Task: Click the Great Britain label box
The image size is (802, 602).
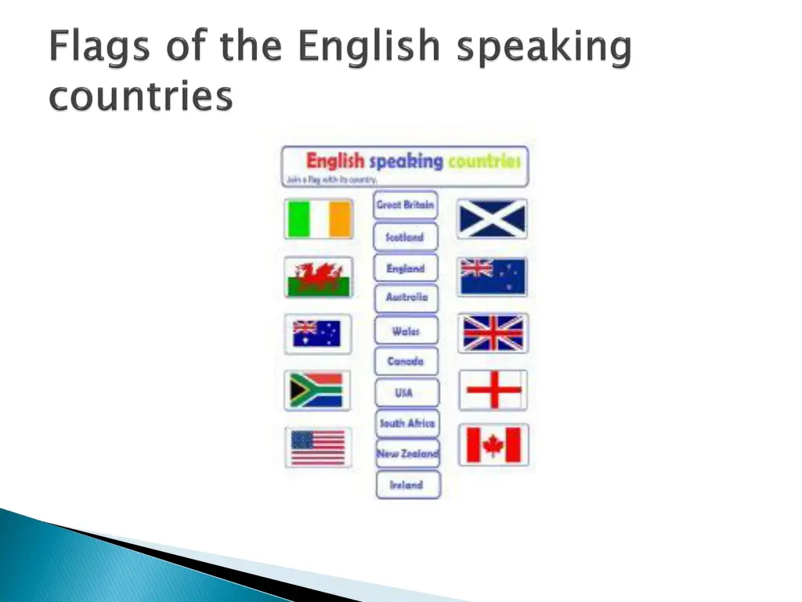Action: [x=406, y=205]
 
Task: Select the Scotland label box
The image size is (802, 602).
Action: [x=406, y=237]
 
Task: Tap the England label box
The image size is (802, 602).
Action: [x=406, y=268]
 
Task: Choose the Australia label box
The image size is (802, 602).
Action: [x=406, y=298]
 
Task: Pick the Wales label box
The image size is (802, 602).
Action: [x=406, y=332]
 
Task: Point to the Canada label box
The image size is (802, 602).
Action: [x=406, y=361]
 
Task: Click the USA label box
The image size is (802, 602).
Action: [x=406, y=393]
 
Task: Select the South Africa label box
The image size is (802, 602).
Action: [x=406, y=423]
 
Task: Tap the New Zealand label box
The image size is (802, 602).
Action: [x=407, y=454]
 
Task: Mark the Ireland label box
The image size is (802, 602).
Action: [x=407, y=485]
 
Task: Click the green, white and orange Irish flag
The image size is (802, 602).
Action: [x=319, y=219]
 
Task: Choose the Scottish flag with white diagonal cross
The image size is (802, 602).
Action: [x=493, y=219]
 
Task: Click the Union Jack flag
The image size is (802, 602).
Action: [x=493, y=333]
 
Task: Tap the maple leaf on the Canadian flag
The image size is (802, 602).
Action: [x=493, y=445]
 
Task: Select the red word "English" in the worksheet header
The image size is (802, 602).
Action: [x=334, y=161]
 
